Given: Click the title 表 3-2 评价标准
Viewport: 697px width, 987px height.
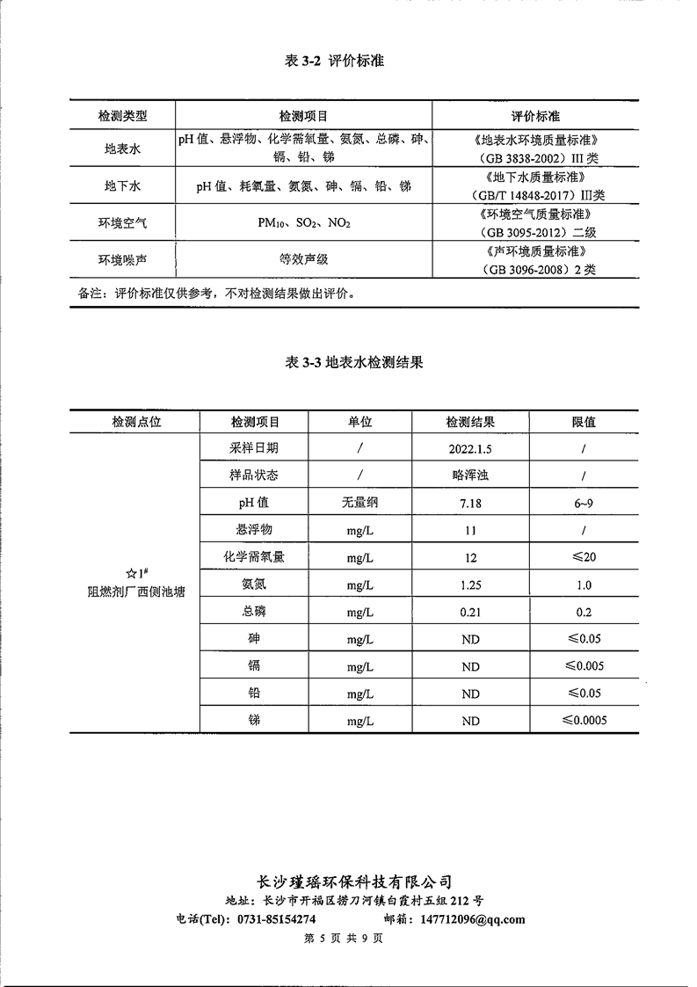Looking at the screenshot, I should click(334, 62).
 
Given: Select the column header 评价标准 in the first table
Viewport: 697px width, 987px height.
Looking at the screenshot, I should click(536, 116).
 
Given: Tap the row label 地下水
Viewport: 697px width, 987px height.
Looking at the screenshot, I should click(122, 186).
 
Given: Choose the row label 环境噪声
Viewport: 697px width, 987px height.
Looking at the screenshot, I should click(122, 260).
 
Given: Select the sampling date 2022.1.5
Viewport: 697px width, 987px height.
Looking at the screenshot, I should click(470, 448).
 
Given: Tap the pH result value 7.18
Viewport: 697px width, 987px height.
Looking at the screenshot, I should click(470, 504).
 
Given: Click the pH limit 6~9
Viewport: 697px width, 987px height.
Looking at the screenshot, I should click(584, 504).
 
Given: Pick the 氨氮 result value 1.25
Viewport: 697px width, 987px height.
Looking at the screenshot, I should click(470, 585).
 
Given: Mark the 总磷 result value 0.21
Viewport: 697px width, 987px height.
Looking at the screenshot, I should click(470, 613).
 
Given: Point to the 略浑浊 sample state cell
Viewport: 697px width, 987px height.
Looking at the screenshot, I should click(470, 475).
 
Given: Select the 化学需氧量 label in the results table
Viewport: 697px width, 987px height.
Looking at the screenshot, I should click(254, 557).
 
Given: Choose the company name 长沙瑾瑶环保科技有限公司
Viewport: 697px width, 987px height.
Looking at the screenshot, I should click(353, 882).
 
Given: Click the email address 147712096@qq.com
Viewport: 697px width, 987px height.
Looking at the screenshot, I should click(473, 919).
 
